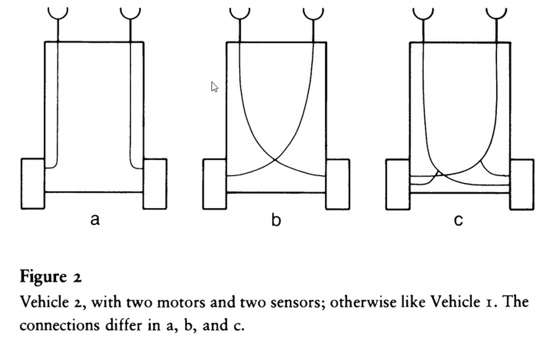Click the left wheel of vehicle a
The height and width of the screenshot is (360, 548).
33,184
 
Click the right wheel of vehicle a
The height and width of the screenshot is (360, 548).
155,184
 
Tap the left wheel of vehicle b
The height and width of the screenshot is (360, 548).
215,184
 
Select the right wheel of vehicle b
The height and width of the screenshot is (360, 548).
338,184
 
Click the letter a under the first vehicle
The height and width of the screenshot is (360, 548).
94,220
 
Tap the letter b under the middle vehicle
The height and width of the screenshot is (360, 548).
276,219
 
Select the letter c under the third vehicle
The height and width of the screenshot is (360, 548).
458,220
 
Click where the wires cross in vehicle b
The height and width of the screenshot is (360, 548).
275,160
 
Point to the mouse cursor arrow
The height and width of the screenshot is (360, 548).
214,87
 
